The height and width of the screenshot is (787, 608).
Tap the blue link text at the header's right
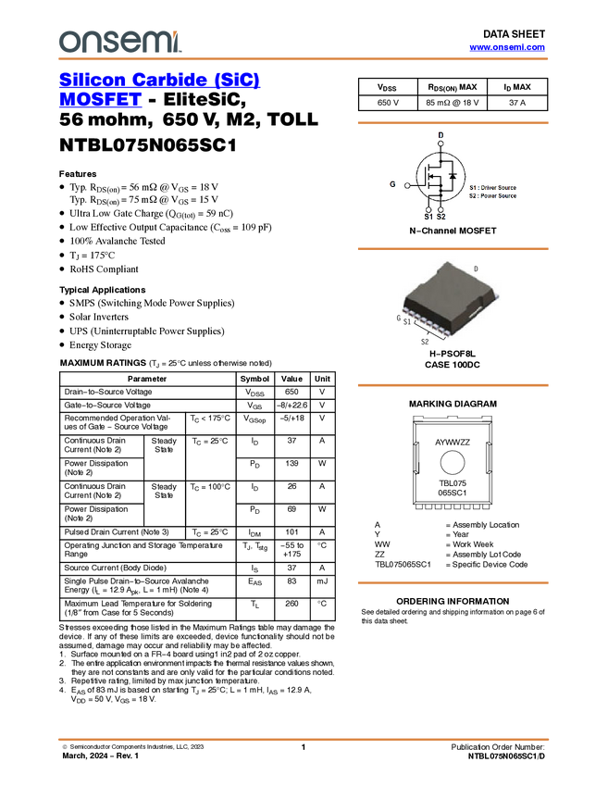[x=507, y=47]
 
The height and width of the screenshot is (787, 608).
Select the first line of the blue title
[x=159, y=80]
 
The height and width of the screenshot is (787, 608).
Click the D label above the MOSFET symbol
[x=440, y=135]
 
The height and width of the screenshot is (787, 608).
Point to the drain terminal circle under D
[x=440, y=144]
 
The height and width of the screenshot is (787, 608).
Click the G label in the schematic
[x=392, y=184]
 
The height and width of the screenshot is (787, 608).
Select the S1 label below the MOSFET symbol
[x=428, y=217]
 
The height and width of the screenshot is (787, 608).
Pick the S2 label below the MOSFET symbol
[x=441, y=217]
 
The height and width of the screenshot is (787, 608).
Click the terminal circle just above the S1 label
[x=428, y=208]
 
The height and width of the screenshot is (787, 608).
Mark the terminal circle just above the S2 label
[x=441, y=208]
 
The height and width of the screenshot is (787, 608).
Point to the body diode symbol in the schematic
[x=453, y=176]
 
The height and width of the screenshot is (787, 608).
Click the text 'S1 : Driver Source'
[x=492, y=188]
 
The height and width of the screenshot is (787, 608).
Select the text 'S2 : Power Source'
[x=492, y=196]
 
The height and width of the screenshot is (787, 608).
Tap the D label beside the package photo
[x=476, y=269]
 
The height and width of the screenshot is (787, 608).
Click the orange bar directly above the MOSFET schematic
[x=453, y=122]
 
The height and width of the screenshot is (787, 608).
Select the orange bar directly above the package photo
[x=453, y=249]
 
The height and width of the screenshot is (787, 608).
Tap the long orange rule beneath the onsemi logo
[x=304, y=59]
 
